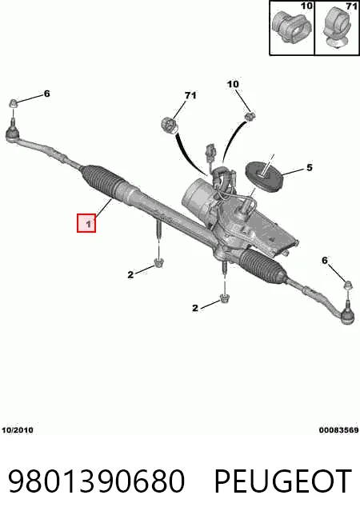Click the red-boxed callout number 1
coord(88,224)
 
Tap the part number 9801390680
coord(96,481)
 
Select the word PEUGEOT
coord(282,481)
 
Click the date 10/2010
coord(18,430)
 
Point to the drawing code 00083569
coord(338,430)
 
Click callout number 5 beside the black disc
coord(310,167)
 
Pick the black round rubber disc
coord(264,176)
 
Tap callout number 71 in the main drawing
coord(190,96)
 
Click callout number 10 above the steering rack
coord(233,85)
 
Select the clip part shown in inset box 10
coord(292,27)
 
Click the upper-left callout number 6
coord(46,94)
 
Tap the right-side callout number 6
coord(325,261)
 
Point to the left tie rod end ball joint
coord(14,135)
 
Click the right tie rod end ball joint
coord(347,316)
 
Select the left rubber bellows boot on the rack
coord(99,181)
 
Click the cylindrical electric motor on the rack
coord(197,194)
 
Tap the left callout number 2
coord(130,275)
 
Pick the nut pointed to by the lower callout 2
coord(223,299)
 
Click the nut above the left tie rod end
coord(13,103)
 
